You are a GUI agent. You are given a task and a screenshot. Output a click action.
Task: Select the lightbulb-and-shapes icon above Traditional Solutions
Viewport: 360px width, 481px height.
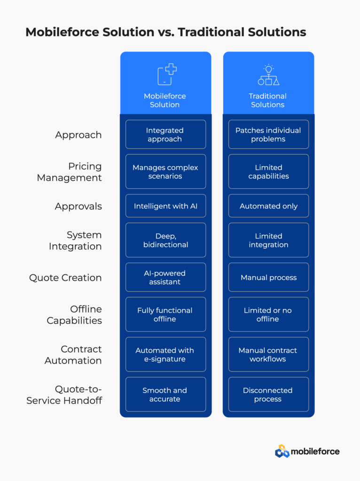[268, 75]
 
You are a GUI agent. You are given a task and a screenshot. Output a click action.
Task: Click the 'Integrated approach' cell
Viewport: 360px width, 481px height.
[166, 134]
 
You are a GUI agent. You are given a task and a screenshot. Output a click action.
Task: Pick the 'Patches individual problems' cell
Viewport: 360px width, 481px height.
[268, 134]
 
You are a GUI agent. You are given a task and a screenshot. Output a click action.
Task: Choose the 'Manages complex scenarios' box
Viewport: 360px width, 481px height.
[166, 171]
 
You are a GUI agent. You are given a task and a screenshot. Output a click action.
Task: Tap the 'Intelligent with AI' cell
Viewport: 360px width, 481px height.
[166, 206]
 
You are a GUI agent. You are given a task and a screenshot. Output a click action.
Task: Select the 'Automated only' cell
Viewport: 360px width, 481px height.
[268, 206]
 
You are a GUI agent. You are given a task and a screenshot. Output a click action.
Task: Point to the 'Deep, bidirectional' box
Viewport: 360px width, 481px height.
[166, 240]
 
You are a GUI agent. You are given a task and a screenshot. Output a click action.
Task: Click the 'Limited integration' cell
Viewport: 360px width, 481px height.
[268, 240]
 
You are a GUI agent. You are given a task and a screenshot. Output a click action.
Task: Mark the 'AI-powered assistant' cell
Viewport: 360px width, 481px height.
[166, 277]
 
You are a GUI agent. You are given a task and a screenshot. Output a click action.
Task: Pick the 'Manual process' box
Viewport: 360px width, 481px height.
[268, 277]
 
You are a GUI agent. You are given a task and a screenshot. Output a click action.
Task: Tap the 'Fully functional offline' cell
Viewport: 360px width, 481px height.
[166, 314]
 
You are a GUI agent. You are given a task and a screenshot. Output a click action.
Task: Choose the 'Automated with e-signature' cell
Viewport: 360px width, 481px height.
[166, 354]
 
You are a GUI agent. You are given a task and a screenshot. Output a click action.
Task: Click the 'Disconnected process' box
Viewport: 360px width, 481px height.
[268, 394]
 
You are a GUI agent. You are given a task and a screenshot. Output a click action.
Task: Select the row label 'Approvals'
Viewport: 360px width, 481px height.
[78, 207]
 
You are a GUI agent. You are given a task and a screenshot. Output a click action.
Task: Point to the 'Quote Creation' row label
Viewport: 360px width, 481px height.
[65, 278]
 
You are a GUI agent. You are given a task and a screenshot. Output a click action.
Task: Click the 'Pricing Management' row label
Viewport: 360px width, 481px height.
[70, 172]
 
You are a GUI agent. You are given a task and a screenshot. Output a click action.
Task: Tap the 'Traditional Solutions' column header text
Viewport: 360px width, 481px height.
[267, 101]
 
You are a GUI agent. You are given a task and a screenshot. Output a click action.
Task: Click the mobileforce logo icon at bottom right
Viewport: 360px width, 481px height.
[282, 451]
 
